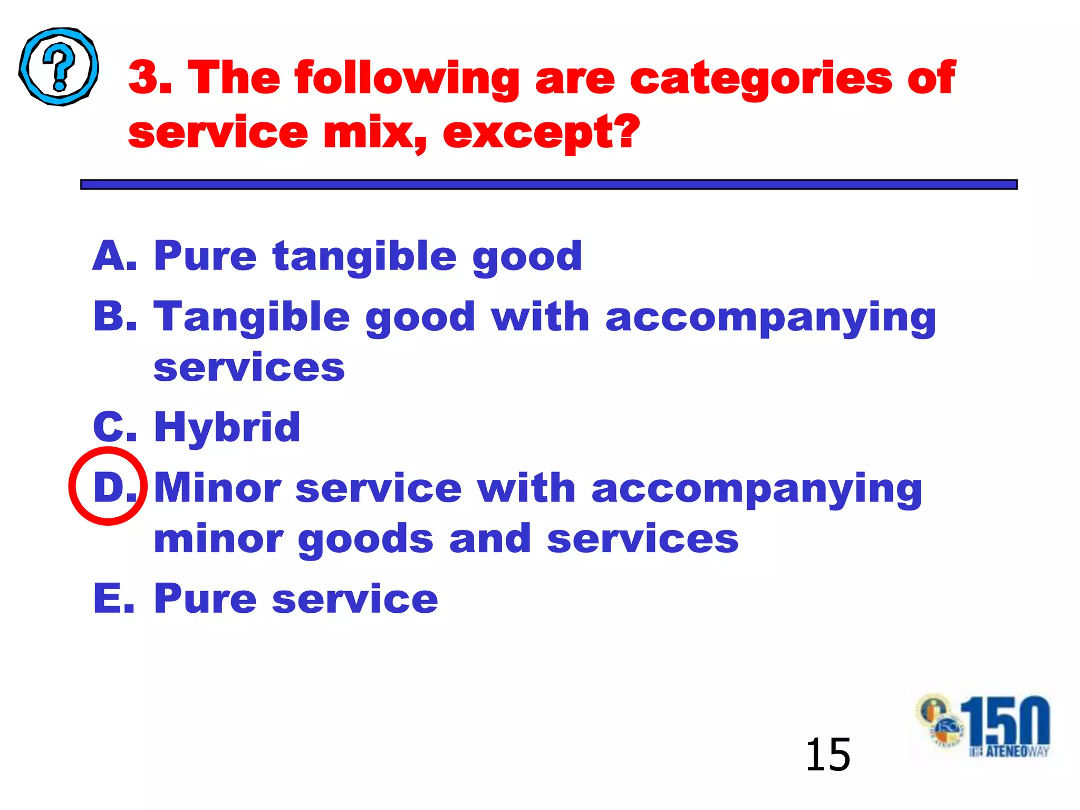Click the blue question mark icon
tap(59, 67)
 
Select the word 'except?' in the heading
tap(541, 133)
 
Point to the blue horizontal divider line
tap(548, 185)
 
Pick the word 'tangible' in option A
tap(364, 257)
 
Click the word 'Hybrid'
tap(227, 428)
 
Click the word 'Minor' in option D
tap(218, 488)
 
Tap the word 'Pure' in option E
tap(205, 599)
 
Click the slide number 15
tap(828, 755)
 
